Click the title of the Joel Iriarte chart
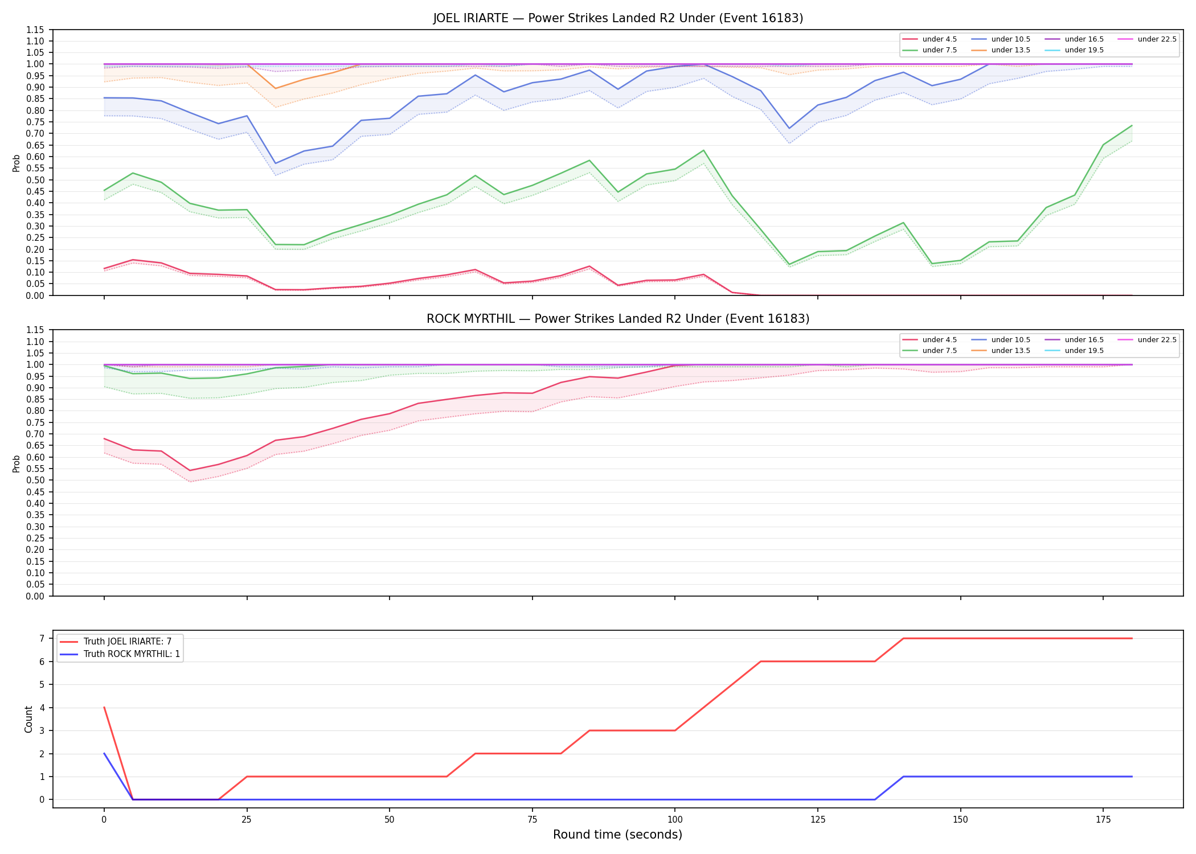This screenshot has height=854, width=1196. pos(618,18)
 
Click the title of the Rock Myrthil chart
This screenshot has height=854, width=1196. pos(618,319)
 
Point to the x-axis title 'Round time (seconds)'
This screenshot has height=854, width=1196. pos(617,835)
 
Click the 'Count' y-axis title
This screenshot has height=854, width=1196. pos(28,719)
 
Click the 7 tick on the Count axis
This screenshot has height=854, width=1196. pos(42,638)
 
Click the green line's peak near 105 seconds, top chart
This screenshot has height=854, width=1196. pos(703,150)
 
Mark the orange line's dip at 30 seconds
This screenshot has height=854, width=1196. pos(276,88)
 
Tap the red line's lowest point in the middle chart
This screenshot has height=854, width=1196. pos(190,471)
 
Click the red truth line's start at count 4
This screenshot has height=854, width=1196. pos(104,708)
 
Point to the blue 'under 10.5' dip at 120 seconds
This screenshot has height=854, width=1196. pos(789,128)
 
